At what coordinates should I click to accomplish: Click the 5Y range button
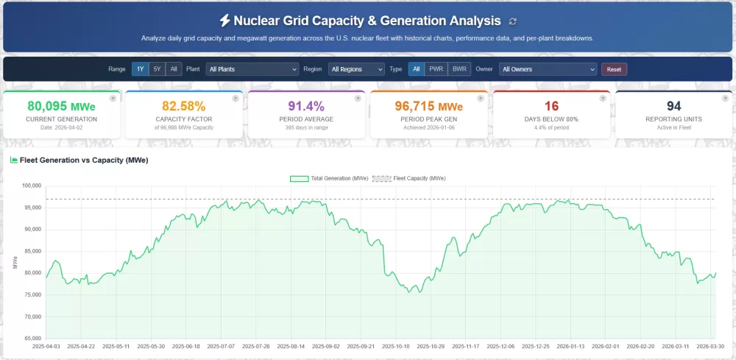pyautogui.click(x=158, y=69)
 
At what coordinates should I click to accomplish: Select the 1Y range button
pyautogui.click(x=141, y=69)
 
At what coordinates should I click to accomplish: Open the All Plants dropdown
pyautogui.click(x=252, y=69)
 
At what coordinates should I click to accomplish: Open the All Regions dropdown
pyautogui.click(x=356, y=69)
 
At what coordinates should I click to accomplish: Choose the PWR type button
pyautogui.click(x=436, y=69)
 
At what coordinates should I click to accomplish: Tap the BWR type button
pyautogui.click(x=459, y=69)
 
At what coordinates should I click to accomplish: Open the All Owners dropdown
pyautogui.click(x=548, y=69)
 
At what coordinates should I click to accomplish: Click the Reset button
pyautogui.click(x=614, y=69)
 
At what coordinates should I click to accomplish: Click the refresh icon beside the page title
pyautogui.click(x=512, y=21)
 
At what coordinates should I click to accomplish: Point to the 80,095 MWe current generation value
pyautogui.click(x=62, y=106)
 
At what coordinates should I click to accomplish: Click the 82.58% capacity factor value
pyautogui.click(x=184, y=106)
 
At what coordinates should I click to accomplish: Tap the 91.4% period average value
pyautogui.click(x=306, y=106)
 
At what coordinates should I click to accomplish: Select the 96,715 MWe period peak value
pyautogui.click(x=428, y=106)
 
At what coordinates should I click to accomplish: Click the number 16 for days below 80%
pyautogui.click(x=551, y=106)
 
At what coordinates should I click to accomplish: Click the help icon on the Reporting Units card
pyautogui.click(x=725, y=99)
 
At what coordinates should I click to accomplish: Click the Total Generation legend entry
pyautogui.click(x=328, y=178)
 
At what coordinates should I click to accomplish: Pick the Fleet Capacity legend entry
pyautogui.click(x=408, y=178)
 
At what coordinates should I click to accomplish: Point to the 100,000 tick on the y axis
pyautogui.click(x=32, y=186)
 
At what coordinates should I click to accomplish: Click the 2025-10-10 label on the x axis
pyautogui.click(x=395, y=346)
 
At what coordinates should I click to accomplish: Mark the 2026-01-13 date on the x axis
pyautogui.click(x=570, y=346)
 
